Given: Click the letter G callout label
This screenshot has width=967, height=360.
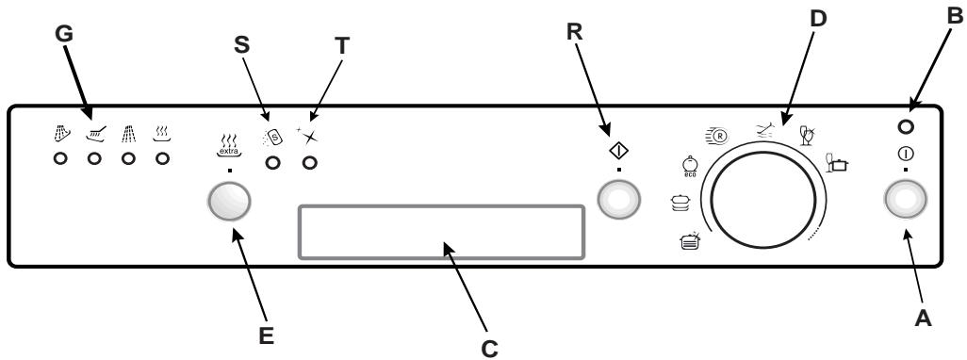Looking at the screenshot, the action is coord(63,35).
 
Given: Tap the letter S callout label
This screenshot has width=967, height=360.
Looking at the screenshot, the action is coord(243,44).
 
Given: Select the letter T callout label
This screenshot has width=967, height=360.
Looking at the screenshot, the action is coord(341,44).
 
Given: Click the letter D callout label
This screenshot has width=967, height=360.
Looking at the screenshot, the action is coord(817,19).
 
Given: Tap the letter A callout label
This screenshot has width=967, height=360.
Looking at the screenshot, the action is coord(923,318).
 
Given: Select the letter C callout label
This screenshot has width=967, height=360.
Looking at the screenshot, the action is coord(489,349).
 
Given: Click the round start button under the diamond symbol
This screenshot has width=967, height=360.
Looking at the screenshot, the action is coord(619,200).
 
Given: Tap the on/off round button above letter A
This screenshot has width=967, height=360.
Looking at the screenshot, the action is coord(906,200).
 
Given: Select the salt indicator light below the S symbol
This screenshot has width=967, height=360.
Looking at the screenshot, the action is coord(272,163).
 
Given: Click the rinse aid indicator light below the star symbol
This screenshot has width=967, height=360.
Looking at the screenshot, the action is coord(310,163).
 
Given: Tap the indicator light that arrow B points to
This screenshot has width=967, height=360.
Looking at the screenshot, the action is coord(906,127).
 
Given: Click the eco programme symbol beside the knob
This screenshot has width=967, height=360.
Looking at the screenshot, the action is coord(690,167).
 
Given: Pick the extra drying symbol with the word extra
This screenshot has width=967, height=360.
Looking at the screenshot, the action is coord(229,146).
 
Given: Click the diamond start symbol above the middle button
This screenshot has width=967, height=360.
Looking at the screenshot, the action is coord(618,151).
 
